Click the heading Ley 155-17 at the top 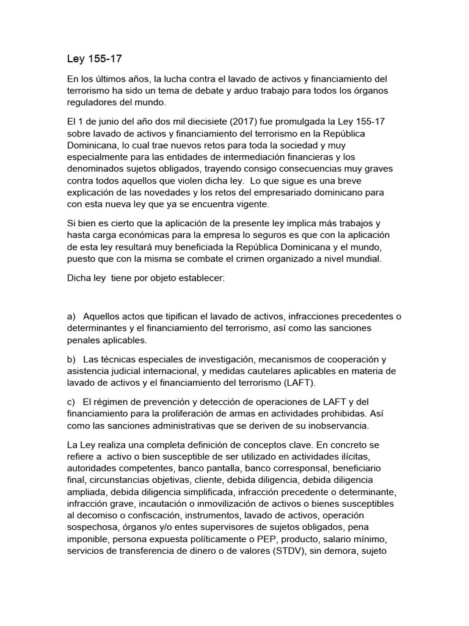coord(91,60)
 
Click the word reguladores coord(93,101)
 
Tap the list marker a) coord(71,316)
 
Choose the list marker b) coord(71,358)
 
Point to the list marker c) coord(71,401)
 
